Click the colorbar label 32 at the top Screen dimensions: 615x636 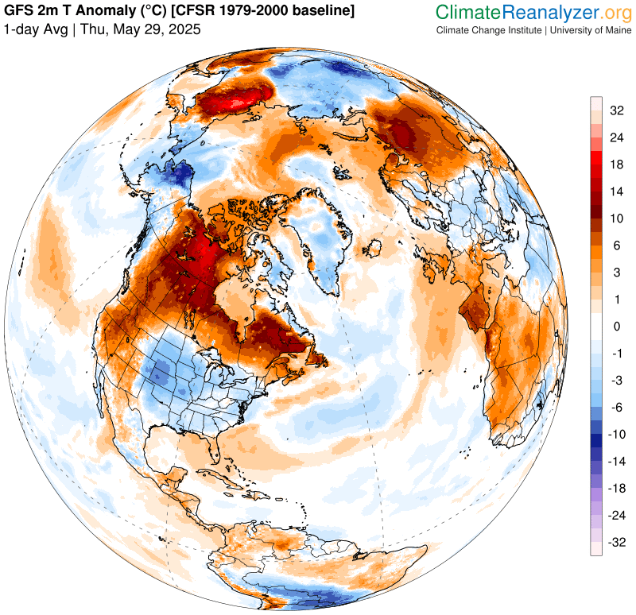pyautogui.click(x=616, y=110)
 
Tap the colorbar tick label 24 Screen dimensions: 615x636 pyautogui.click(x=616, y=137)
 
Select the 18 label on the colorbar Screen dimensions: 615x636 pyautogui.click(x=616, y=164)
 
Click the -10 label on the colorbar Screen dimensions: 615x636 pyautogui.click(x=616, y=434)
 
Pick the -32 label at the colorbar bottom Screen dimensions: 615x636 pyautogui.click(x=616, y=542)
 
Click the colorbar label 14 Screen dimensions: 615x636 pyautogui.click(x=616, y=191)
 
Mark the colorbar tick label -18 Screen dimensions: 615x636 pyautogui.click(x=616, y=488)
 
